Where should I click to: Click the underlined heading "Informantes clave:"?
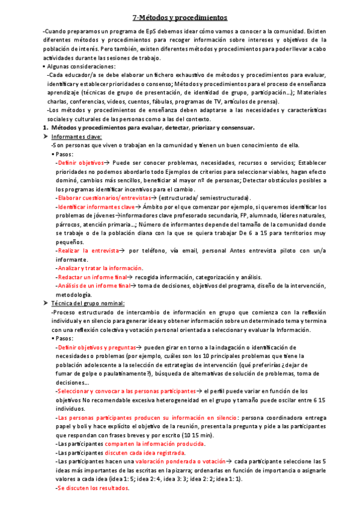pos(78,137)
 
